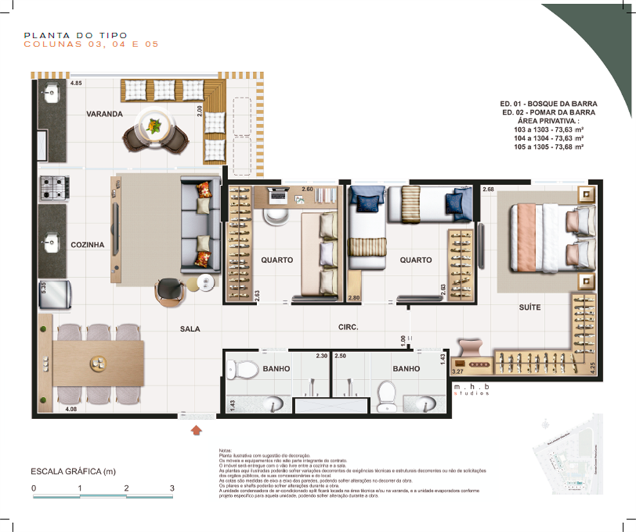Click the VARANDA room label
105,114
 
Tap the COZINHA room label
87,245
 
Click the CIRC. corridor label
348,327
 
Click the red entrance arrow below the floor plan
197,431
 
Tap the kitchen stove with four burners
51,187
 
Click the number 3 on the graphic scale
172,488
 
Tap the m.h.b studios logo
471,390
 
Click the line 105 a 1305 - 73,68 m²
544,147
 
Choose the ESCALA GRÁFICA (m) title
73,472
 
